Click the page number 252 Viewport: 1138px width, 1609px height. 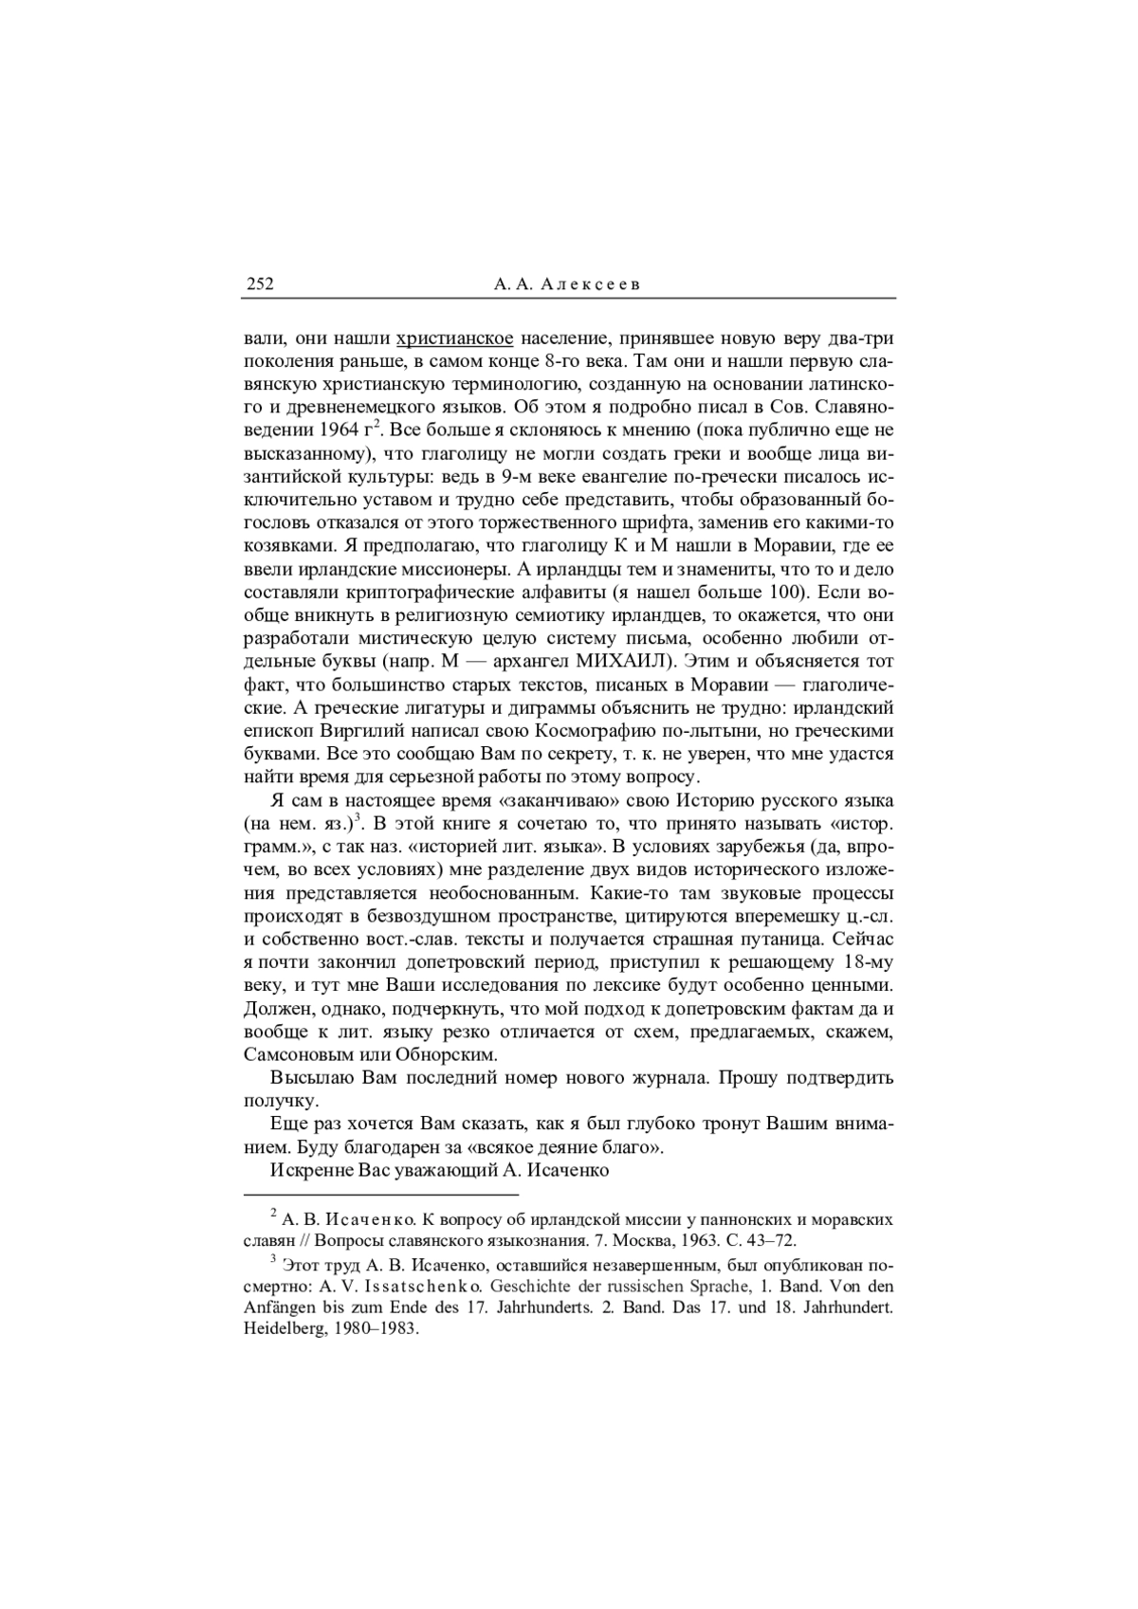click(260, 283)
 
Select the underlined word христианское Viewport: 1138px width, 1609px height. click(455, 338)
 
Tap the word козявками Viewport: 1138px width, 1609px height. click(288, 546)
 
